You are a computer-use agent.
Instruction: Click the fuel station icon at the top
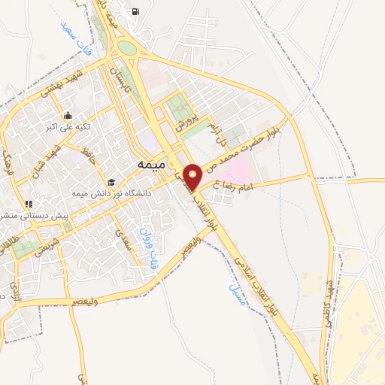(135, 11)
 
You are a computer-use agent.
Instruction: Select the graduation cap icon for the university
(111, 182)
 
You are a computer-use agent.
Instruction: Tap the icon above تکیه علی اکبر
(68, 115)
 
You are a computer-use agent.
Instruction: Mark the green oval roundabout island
(127, 49)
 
